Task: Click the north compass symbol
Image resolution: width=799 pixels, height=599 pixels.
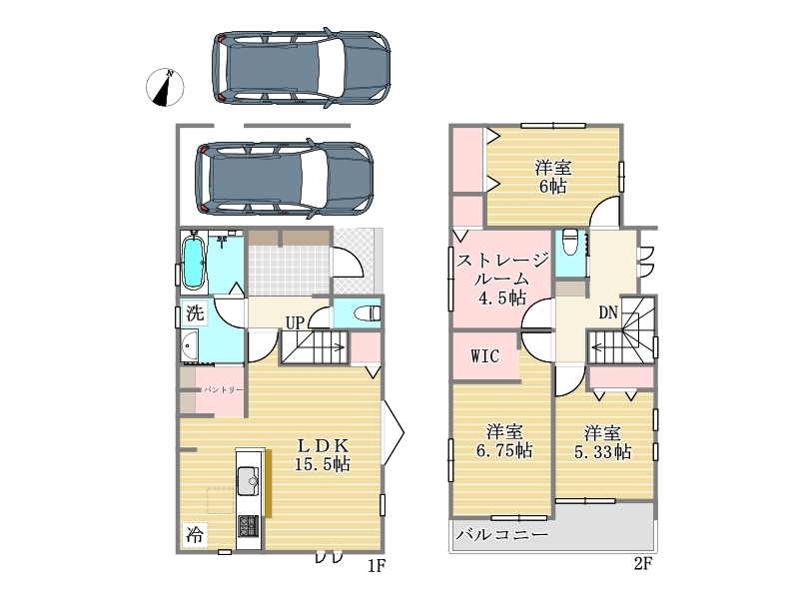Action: [x=165, y=87]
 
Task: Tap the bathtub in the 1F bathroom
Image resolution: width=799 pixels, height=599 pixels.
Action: [x=193, y=263]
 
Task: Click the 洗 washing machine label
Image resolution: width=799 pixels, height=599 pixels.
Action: [x=195, y=313]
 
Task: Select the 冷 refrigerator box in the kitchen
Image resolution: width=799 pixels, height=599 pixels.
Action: [x=194, y=535]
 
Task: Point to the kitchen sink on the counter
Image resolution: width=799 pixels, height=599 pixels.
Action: [x=249, y=480]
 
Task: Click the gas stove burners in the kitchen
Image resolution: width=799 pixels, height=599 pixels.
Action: [x=249, y=525]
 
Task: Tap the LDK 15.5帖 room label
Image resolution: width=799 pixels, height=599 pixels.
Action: [x=323, y=454]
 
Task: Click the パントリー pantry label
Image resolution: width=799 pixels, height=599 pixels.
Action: [x=224, y=389]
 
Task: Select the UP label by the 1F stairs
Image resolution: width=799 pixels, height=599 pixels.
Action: [x=295, y=322]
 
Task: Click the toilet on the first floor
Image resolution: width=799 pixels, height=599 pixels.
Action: [x=368, y=312]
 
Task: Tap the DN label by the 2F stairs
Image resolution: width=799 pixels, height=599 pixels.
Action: [x=608, y=312]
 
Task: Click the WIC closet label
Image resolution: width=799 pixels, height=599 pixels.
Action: [x=484, y=355]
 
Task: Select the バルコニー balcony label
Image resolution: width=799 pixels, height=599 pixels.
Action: [x=502, y=535]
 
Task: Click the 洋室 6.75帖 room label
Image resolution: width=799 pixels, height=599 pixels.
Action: [x=504, y=441]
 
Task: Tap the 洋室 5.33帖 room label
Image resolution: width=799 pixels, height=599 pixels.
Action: [x=603, y=442]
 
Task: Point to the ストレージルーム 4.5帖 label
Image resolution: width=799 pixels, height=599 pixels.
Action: [x=502, y=279]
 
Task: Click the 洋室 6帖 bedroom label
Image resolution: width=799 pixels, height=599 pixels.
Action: [x=553, y=177]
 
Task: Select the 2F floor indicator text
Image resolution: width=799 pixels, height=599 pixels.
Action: [x=643, y=563]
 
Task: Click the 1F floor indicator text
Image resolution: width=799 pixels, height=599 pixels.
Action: [x=377, y=565]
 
